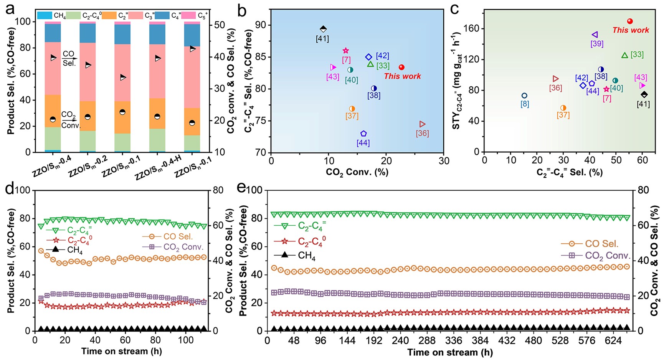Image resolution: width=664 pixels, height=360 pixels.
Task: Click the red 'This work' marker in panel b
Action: click(401, 67)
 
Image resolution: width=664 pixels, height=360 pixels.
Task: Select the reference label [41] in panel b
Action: click(322, 38)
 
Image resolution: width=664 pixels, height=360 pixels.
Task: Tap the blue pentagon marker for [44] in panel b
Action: click(363, 134)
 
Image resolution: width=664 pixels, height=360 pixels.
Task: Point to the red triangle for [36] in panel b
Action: click(422, 124)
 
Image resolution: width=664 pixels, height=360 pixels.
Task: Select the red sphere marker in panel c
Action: click(630, 21)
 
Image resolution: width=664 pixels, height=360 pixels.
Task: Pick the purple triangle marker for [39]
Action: click(595, 35)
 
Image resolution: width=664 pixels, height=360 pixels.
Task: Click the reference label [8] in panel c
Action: click(525, 104)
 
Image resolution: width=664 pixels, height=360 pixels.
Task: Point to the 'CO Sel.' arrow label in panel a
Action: click(69, 58)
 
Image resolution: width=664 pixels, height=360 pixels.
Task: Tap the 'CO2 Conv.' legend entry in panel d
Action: click(183, 247)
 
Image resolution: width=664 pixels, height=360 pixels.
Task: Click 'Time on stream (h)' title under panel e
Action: click(450, 352)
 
